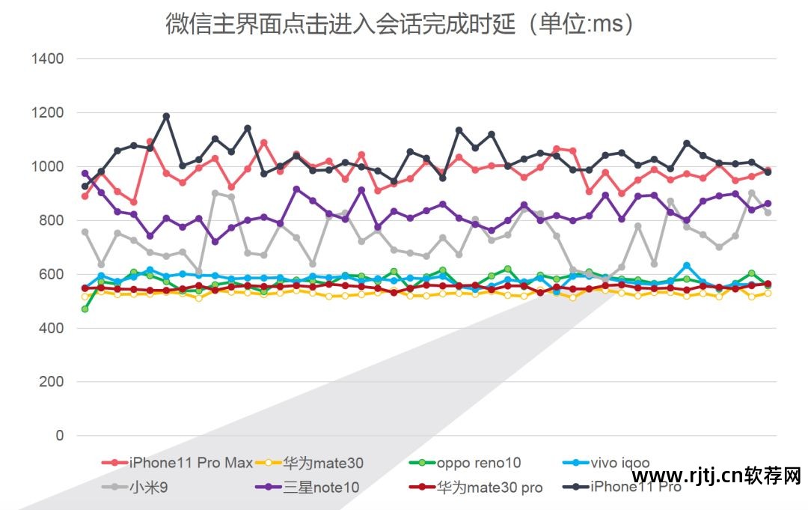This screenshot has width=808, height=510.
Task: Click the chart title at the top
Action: pos(400,24)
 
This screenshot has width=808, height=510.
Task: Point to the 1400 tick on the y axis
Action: pos(46,58)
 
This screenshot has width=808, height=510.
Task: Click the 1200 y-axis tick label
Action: pos(46,112)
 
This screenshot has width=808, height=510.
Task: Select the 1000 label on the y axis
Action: pos(46,166)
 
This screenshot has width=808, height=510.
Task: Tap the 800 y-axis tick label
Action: pos(51,220)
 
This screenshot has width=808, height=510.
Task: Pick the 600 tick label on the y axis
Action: pos(51,274)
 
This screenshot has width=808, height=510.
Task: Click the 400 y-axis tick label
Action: pos(51,328)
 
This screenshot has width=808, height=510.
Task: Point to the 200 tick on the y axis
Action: pos(51,382)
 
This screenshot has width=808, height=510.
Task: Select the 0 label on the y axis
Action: pos(59,436)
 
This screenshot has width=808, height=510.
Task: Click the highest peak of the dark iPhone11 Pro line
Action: pos(166,116)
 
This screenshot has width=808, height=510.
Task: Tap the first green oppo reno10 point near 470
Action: pos(85,309)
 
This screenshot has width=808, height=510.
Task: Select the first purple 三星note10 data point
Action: pos(85,174)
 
